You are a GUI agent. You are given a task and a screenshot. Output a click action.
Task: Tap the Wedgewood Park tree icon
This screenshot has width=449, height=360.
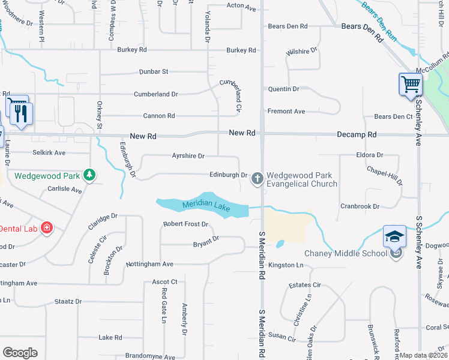coord(89,175)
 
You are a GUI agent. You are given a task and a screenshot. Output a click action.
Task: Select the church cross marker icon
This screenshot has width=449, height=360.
coord(258,178)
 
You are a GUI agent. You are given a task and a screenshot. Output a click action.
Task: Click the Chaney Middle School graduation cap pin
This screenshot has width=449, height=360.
coord(396,236)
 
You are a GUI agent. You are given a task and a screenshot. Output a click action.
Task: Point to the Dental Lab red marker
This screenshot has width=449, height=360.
coord(47,228)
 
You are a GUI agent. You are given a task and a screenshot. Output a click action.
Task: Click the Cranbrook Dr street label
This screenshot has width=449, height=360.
coord(360,206)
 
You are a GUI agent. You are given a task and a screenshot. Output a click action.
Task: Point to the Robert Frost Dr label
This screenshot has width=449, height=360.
coord(185,224)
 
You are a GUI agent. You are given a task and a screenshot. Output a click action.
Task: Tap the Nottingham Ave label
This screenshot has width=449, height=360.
coord(149,264)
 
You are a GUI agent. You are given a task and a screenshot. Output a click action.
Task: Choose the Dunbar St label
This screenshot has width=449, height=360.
coord(154,71)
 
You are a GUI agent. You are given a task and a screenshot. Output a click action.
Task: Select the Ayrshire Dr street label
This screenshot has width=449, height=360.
coord(188,156)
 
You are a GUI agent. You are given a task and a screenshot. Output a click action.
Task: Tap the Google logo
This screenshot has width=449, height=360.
coord(20,353)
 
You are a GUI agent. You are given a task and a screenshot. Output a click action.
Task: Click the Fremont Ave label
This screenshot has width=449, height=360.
coord(286,112)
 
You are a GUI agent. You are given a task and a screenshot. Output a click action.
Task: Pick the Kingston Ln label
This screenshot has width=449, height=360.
coord(286,265)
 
